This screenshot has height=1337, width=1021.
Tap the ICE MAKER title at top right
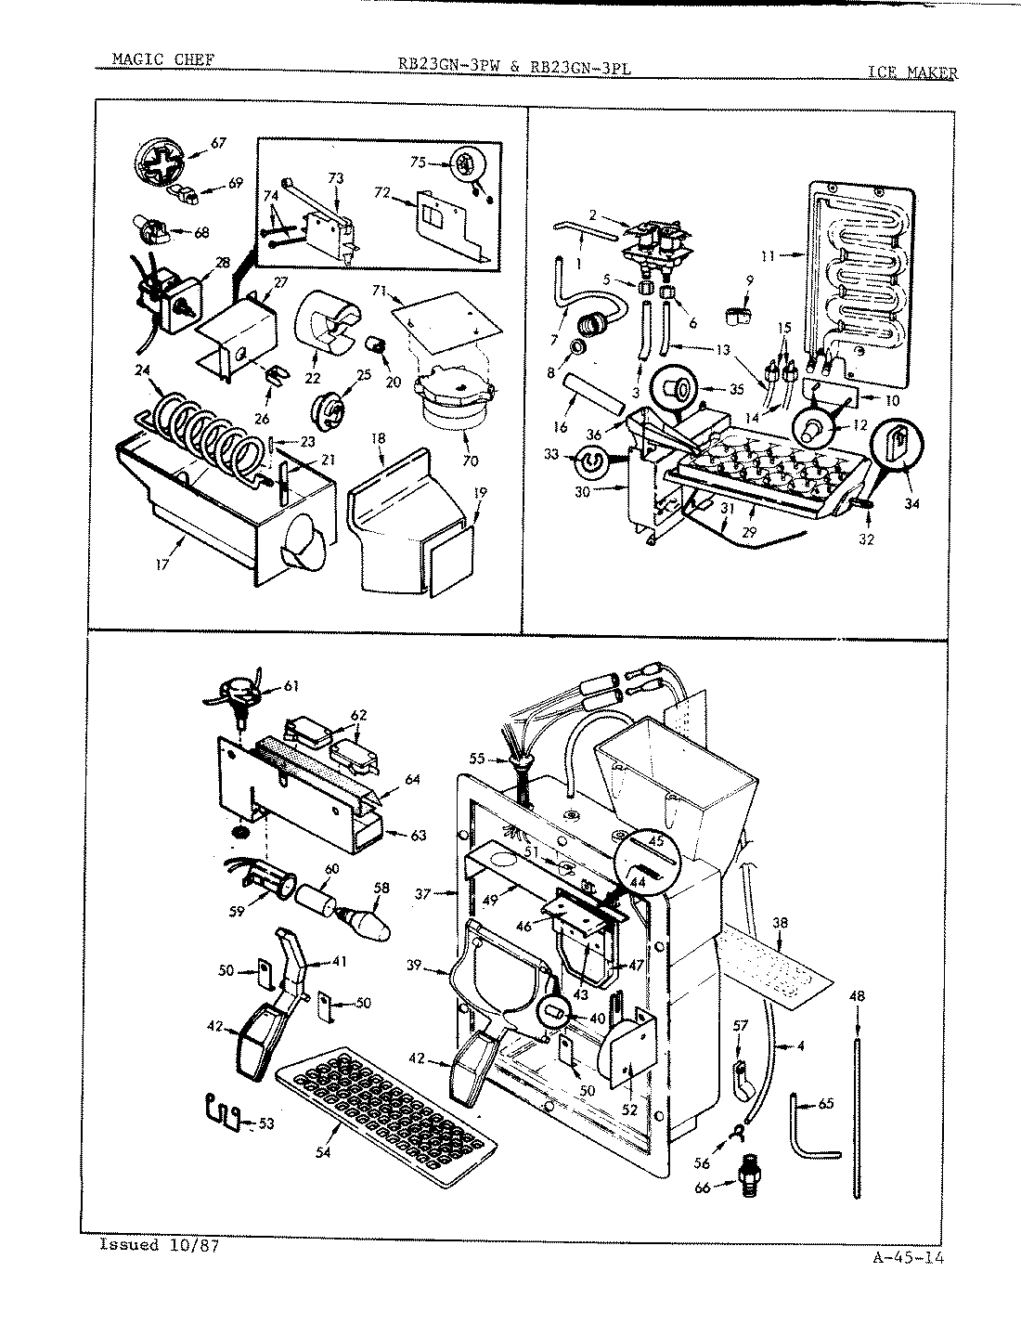(x=911, y=71)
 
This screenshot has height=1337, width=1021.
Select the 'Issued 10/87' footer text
(x=159, y=1245)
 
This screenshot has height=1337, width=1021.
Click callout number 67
(x=218, y=143)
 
